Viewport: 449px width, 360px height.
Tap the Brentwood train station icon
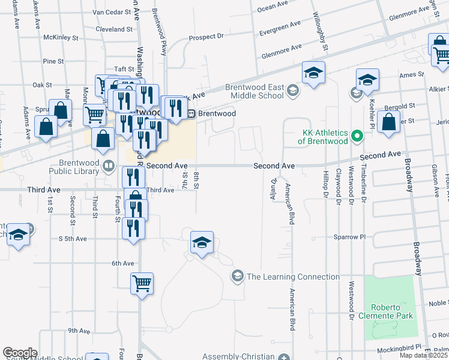pyautogui.click(x=191, y=113)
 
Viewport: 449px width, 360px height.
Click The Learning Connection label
pyautogui.click(x=293, y=277)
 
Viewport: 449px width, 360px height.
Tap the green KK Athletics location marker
pyautogui.click(x=357, y=136)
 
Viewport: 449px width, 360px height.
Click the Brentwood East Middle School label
pyautogui.click(x=254, y=91)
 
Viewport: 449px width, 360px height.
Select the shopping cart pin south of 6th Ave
pyautogui.click(x=142, y=283)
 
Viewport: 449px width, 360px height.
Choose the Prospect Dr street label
pyautogui.click(x=205, y=37)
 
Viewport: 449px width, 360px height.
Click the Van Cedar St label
pyautogui.click(x=112, y=12)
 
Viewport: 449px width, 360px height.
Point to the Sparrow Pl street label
pyautogui.click(x=349, y=237)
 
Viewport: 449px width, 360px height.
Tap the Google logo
pyautogui.click(x=20, y=353)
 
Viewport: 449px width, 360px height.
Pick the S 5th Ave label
pyautogui.click(x=73, y=239)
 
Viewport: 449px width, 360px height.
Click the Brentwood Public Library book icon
pyautogui.click(x=109, y=166)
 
